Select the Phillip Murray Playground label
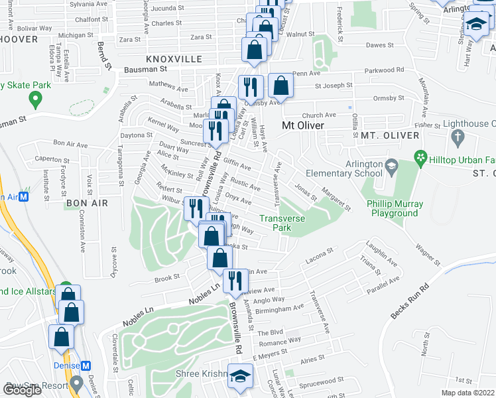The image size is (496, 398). click(394, 208)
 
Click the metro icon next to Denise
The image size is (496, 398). click(86, 366)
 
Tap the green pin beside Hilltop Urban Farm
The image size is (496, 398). click(419, 158)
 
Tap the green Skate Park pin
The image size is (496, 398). click(34, 101)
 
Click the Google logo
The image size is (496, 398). click(22, 389)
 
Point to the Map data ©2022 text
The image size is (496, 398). click(467, 393)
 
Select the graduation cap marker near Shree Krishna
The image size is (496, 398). click(240, 375)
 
